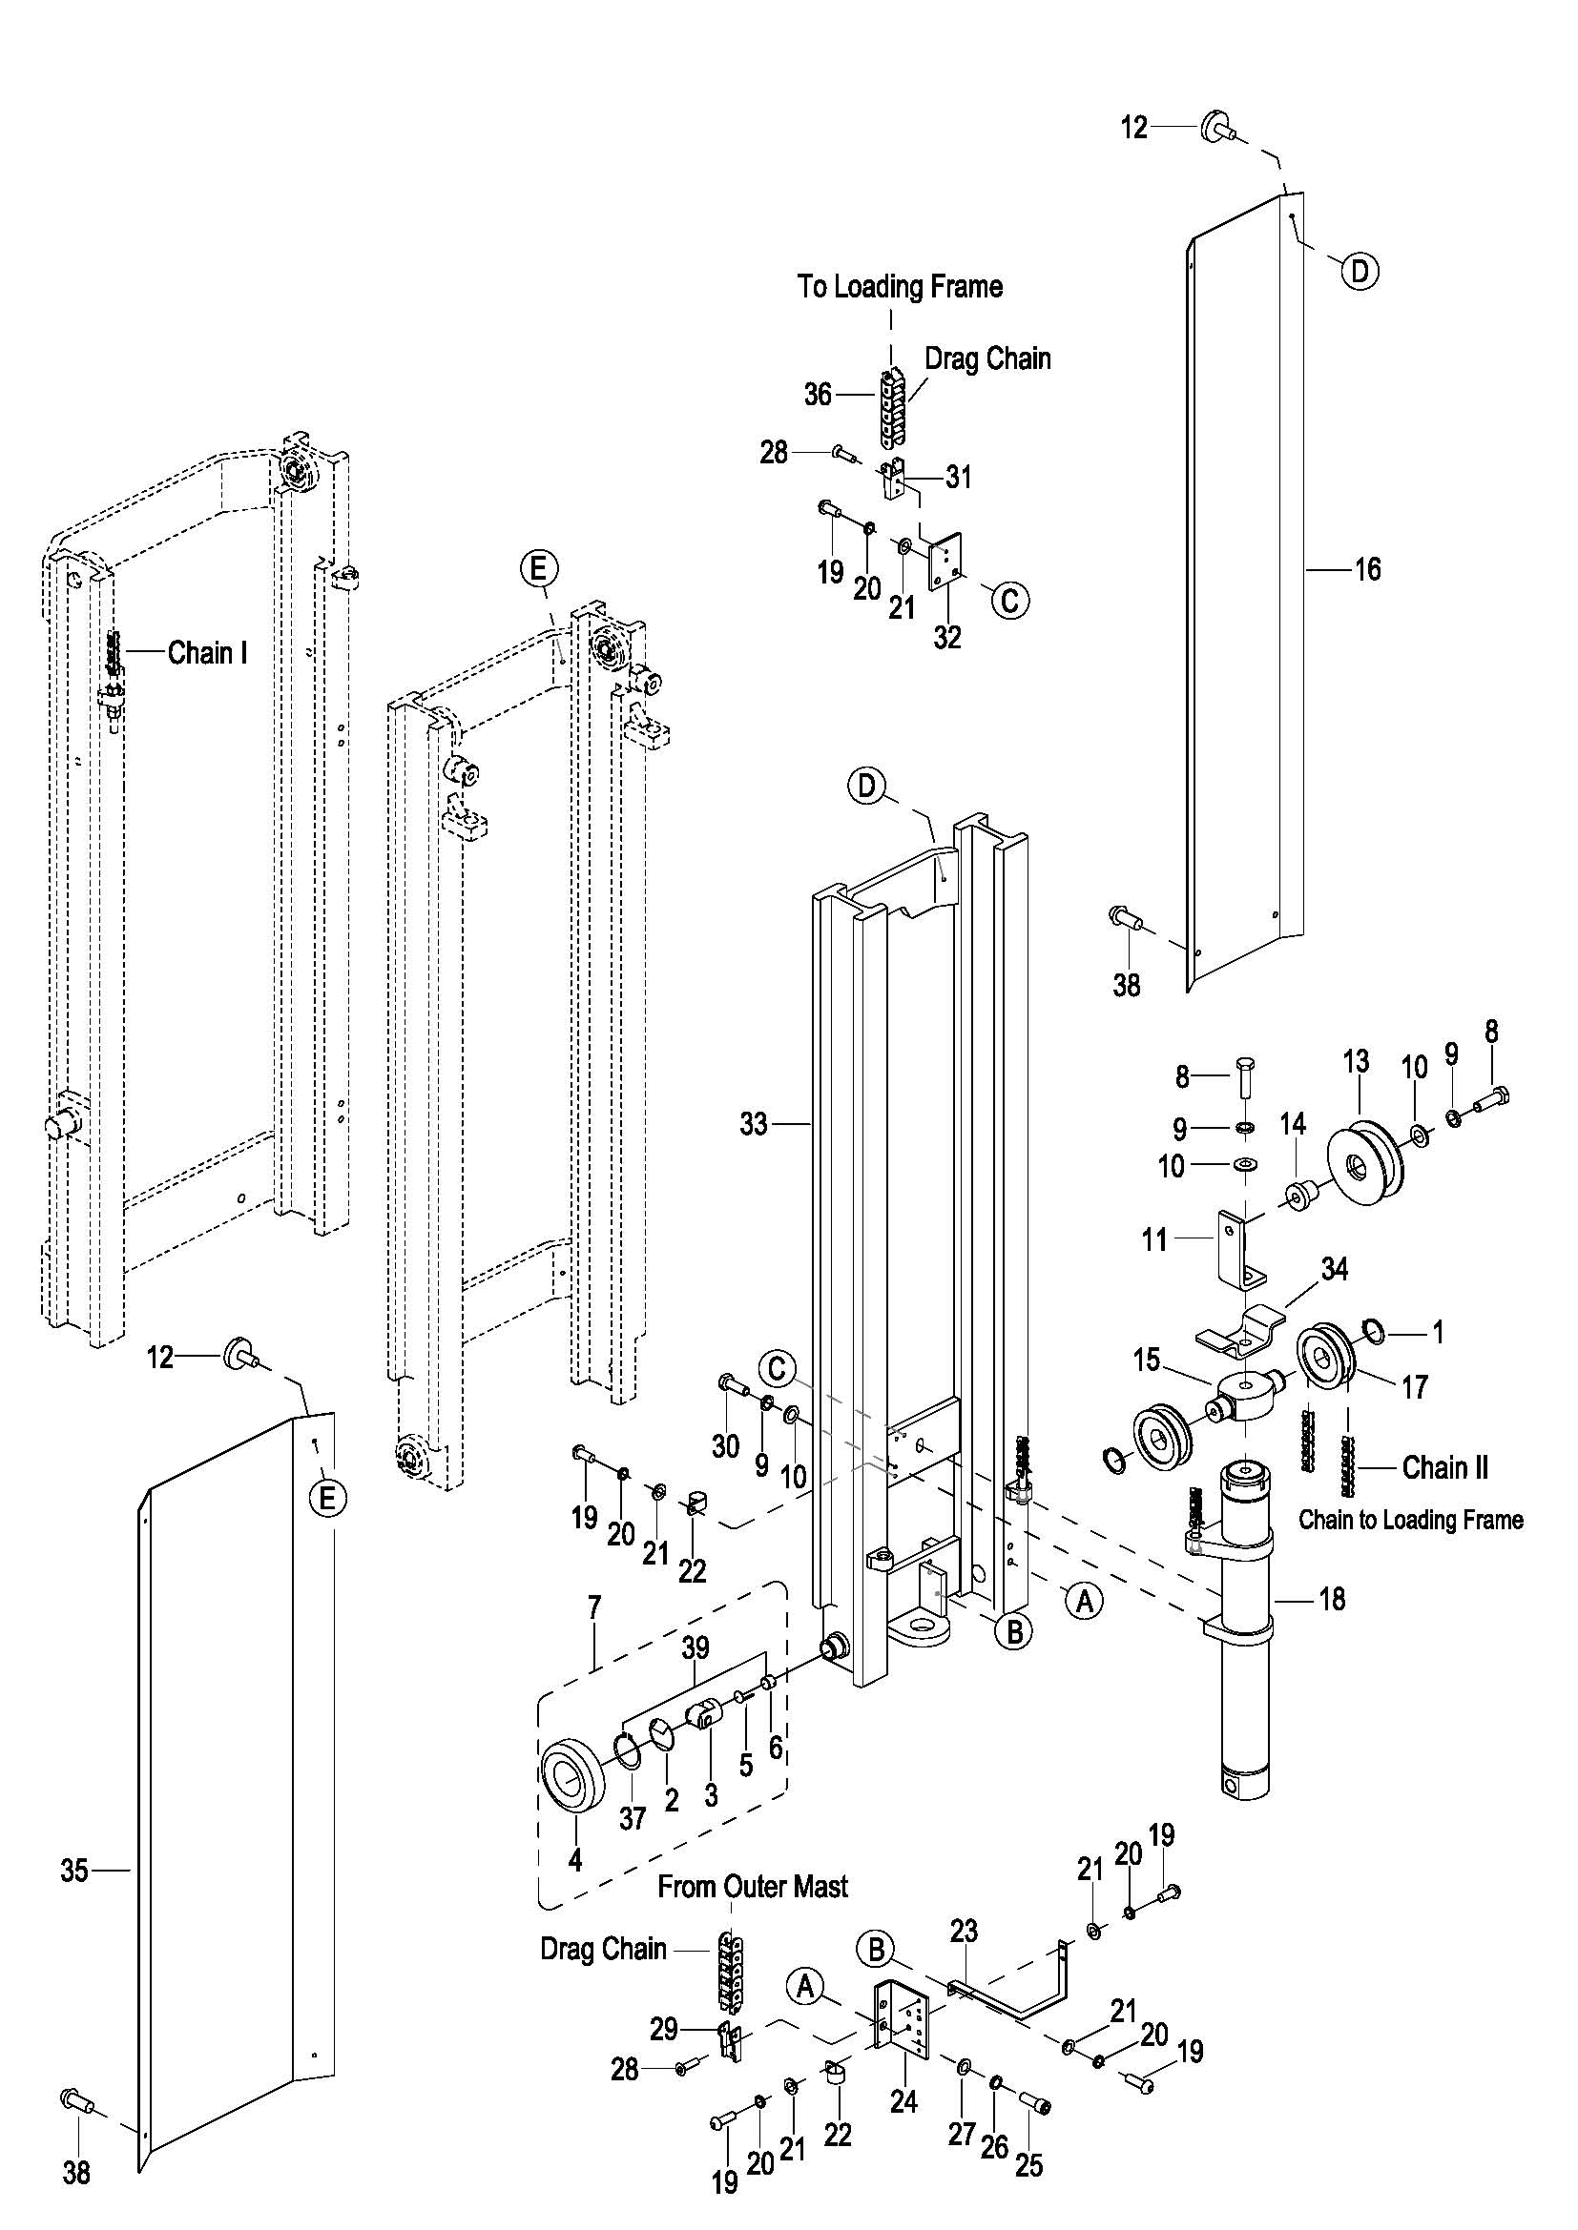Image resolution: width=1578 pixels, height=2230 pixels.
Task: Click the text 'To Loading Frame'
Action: (900, 287)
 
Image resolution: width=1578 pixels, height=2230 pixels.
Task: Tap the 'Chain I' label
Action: (207, 653)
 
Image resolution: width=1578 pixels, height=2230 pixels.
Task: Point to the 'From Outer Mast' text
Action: (752, 1886)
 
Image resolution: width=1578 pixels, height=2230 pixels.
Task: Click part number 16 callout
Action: (1367, 569)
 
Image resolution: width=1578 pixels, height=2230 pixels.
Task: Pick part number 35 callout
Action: (74, 1871)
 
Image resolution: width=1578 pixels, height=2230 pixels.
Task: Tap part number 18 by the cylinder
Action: (1332, 1598)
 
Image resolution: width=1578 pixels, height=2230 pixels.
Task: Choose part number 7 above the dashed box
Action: (593, 1607)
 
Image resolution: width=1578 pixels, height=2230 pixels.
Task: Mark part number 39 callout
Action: (696, 1647)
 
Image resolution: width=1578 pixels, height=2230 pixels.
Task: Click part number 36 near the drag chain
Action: (819, 395)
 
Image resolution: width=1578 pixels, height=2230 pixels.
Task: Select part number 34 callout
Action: (1334, 1268)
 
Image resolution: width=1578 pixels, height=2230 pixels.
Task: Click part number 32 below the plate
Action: (947, 637)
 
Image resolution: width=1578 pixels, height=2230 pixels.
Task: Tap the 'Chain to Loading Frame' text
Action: (1411, 1519)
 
